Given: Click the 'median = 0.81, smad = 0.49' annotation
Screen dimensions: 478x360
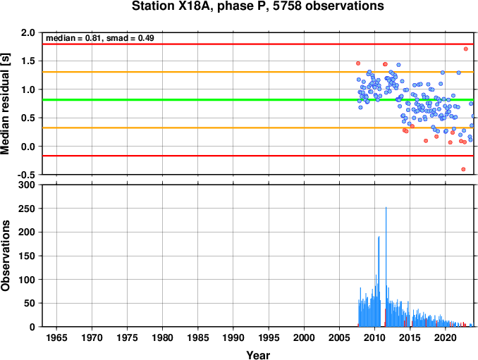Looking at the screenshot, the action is pyautogui.click(x=100, y=38).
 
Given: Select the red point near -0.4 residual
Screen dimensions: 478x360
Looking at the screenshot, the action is pyautogui.click(x=463, y=169).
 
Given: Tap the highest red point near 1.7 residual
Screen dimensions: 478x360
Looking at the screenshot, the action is pyautogui.click(x=466, y=49).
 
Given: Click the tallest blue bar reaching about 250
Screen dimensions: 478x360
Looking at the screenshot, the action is pyautogui.click(x=386, y=267).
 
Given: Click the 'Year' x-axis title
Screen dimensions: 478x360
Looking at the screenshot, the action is pyautogui.click(x=258, y=355).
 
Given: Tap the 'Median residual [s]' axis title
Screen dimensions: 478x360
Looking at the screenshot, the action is pyautogui.click(x=5, y=104).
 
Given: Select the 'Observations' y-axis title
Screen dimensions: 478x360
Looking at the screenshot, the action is pyautogui.click(x=5, y=256).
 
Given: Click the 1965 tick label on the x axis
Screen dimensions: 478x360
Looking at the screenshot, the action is pyautogui.click(x=56, y=337).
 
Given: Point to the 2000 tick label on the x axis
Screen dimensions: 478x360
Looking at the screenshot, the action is pyautogui.click(x=304, y=337).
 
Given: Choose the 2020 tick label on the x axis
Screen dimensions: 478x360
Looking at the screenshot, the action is pyautogui.click(x=446, y=337).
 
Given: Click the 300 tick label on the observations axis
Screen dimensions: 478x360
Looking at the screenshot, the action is pyautogui.click(x=27, y=185).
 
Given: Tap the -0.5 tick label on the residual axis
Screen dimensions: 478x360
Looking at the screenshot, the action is pyautogui.click(x=26, y=175).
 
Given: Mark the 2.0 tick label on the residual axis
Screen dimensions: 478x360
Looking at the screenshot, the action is pyautogui.click(x=28, y=32).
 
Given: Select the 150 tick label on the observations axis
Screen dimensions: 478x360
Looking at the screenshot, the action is pyautogui.click(x=27, y=256).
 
